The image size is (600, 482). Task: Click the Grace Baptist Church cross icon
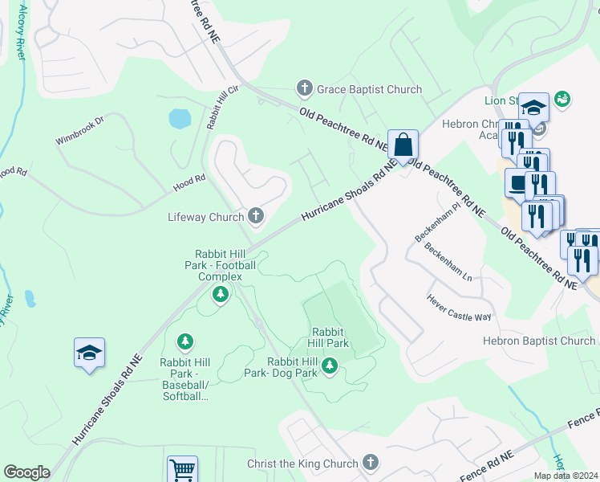[304, 89]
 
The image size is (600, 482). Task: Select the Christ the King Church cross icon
[370, 463]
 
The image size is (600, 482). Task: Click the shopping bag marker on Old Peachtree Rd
[403, 145]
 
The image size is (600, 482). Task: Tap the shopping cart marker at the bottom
[182, 469]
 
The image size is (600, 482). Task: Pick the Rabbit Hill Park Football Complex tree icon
[220, 296]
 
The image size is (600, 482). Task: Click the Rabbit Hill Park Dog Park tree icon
[329, 367]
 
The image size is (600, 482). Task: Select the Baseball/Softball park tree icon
[185, 343]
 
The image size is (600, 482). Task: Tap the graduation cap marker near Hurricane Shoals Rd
[90, 353]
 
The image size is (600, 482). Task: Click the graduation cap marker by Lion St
[533, 107]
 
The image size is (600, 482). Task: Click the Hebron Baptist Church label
[538, 341]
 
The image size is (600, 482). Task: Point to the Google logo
[26, 472]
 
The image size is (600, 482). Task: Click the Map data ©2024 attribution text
[566, 476]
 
